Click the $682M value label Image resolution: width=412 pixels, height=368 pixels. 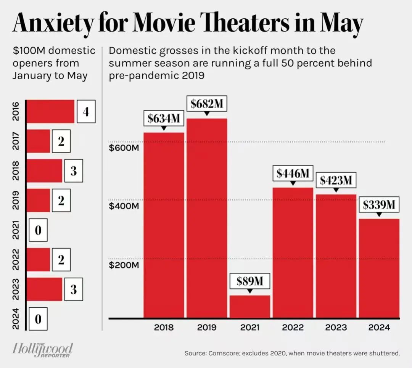(206, 104)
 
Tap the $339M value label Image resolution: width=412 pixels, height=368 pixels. (378, 205)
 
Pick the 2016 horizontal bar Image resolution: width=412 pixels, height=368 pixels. (50, 111)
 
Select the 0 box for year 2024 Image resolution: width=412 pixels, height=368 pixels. (38, 319)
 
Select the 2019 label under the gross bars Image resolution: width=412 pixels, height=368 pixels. (207, 327)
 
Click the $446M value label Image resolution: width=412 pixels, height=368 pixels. (293, 174)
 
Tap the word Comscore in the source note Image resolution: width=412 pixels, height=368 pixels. (225, 353)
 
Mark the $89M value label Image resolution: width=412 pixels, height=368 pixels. (249, 281)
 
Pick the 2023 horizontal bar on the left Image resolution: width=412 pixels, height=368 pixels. (44, 289)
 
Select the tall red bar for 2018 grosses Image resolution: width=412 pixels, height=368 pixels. (164, 225)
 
